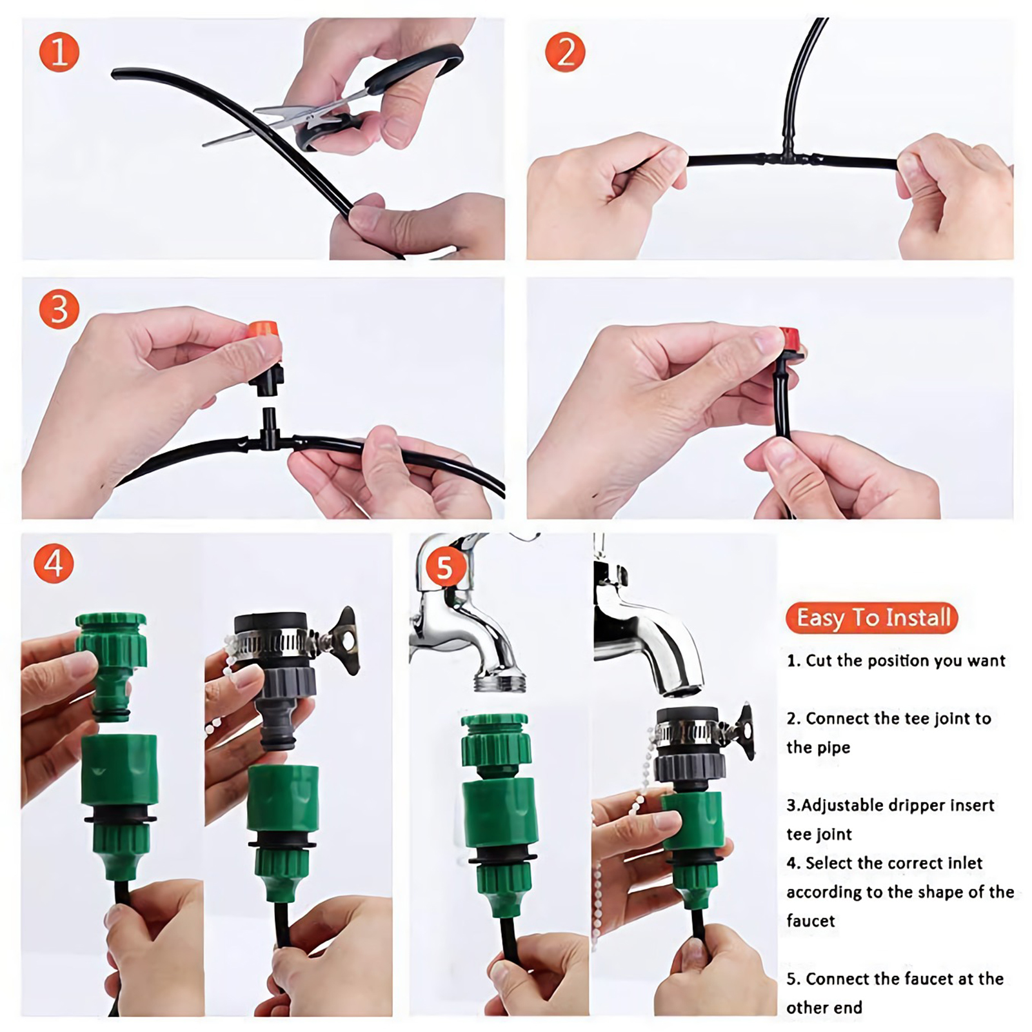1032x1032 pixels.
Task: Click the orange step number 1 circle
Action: pyautogui.click(x=59, y=52)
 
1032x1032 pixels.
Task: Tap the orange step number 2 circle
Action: pyautogui.click(x=565, y=52)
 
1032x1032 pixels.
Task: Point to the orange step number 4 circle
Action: pyautogui.click(x=54, y=563)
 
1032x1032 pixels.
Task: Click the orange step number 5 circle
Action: pyautogui.click(x=445, y=568)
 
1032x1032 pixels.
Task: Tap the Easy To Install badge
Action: pyautogui.click(x=872, y=618)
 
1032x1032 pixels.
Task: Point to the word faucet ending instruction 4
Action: pyautogui.click(x=810, y=920)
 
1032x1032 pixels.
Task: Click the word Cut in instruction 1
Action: pyautogui.click(x=819, y=660)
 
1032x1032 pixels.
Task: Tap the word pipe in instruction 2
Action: pyautogui.click(x=835, y=748)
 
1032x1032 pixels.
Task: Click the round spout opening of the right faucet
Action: pyautogui.click(x=681, y=690)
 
